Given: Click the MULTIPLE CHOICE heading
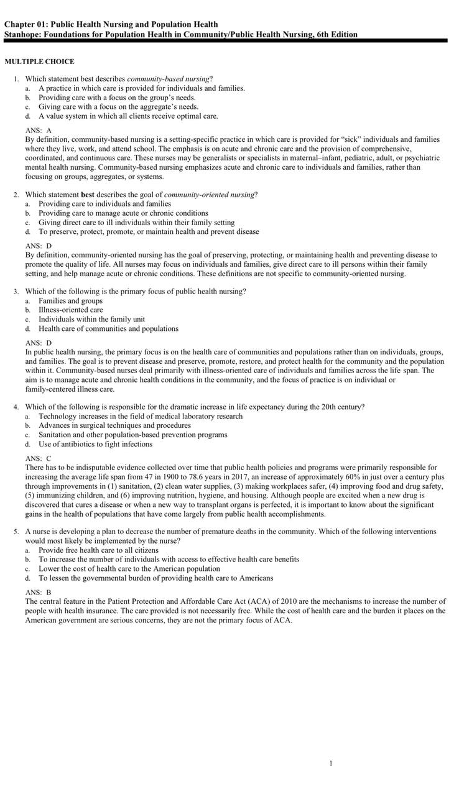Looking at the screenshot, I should coord(39,62).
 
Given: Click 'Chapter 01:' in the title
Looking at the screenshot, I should coord(25,24).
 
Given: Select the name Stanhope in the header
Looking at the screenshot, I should coord(25,34).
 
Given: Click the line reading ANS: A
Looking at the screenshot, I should coord(39,130).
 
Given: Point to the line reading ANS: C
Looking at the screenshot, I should coord(39,458).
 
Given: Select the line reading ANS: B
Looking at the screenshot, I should coord(39,593).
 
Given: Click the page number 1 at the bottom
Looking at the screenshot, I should coord(331,763).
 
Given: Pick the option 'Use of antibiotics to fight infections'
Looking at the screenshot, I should coord(95,444).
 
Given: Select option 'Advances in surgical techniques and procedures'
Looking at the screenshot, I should coord(114,425).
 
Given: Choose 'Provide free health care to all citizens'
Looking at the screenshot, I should coord(98,550).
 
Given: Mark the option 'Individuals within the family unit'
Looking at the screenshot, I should coord(91,319).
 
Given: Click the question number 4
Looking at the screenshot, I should coord(16,407).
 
